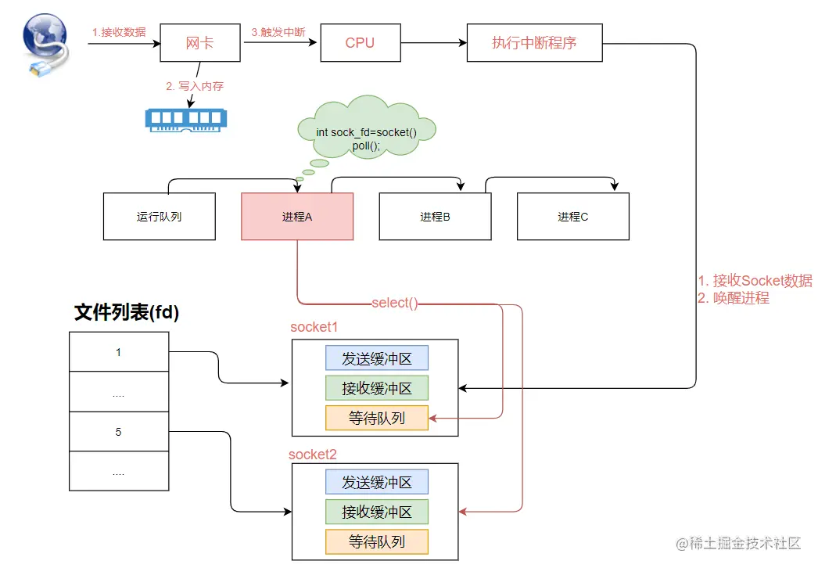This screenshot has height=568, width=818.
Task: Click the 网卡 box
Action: [x=199, y=42]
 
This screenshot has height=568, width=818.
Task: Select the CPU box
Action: [x=360, y=42]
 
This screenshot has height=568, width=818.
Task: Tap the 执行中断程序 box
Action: [x=534, y=42]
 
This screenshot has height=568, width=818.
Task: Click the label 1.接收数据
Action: [x=119, y=32]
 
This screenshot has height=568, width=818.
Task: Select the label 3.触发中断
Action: [x=278, y=32]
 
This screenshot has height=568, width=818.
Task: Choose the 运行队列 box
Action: [x=159, y=217]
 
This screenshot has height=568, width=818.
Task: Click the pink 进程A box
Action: [x=296, y=217]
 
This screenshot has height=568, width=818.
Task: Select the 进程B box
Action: [x=435, y=217]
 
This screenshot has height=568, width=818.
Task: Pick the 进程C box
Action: [x=572, y=217]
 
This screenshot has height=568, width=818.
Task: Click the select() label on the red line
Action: [x=395, y=303]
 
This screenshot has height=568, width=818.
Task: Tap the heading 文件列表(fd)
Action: [x=127, y=313]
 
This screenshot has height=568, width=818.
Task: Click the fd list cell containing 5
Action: [x=118, y=431]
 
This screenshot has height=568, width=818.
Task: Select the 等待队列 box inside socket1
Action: [x=377, y=418]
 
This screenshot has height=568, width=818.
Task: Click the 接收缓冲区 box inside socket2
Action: [x=377, y=512]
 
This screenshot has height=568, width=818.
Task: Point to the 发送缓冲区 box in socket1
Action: [x=377, y=358]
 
